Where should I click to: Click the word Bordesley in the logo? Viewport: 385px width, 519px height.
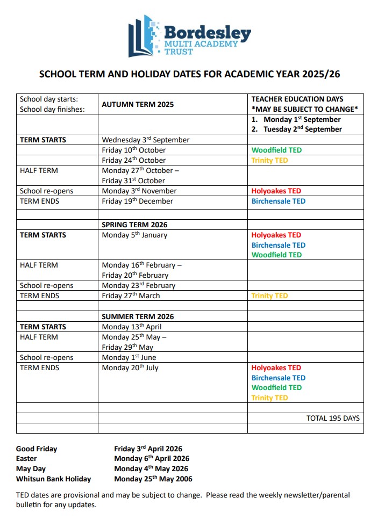(x=208, y=33)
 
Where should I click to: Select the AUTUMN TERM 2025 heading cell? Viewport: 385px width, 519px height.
(x=138, y=105)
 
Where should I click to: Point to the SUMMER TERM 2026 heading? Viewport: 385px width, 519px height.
(x=138, y=316)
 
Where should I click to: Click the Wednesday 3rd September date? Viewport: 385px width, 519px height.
(x=146, y=140)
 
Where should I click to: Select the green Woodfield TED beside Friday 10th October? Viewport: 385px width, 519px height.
(x=276, y=150)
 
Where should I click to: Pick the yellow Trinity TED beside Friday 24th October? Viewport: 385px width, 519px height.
(x=269, y=160)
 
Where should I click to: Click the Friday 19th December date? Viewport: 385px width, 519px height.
(x=138, y=201)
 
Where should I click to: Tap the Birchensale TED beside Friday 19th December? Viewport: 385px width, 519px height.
(x=278, y=201)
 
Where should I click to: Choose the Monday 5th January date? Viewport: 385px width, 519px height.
(x=134, y=235)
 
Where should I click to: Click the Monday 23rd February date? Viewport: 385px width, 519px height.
(x=139, y=285)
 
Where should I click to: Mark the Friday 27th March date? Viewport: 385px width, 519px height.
(x=131, y=295)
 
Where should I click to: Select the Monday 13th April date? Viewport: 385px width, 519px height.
(x=131, y=327)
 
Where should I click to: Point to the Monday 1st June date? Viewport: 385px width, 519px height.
(x=130, y=357)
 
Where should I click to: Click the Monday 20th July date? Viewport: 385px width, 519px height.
(x=130, y=367)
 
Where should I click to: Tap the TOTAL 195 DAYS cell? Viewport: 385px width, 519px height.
(x=333, y=418)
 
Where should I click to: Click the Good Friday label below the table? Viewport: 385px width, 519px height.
(x=37, y=449)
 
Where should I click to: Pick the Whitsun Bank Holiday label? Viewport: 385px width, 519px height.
(x=53, y=479)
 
